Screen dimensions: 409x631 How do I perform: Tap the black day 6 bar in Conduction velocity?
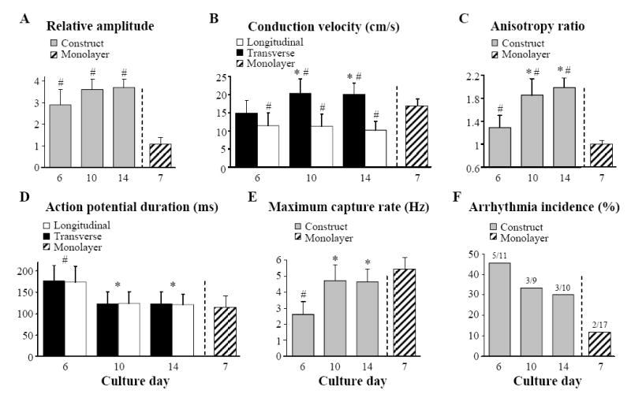point(225,140)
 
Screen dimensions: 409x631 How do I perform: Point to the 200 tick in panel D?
point(27,271)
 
